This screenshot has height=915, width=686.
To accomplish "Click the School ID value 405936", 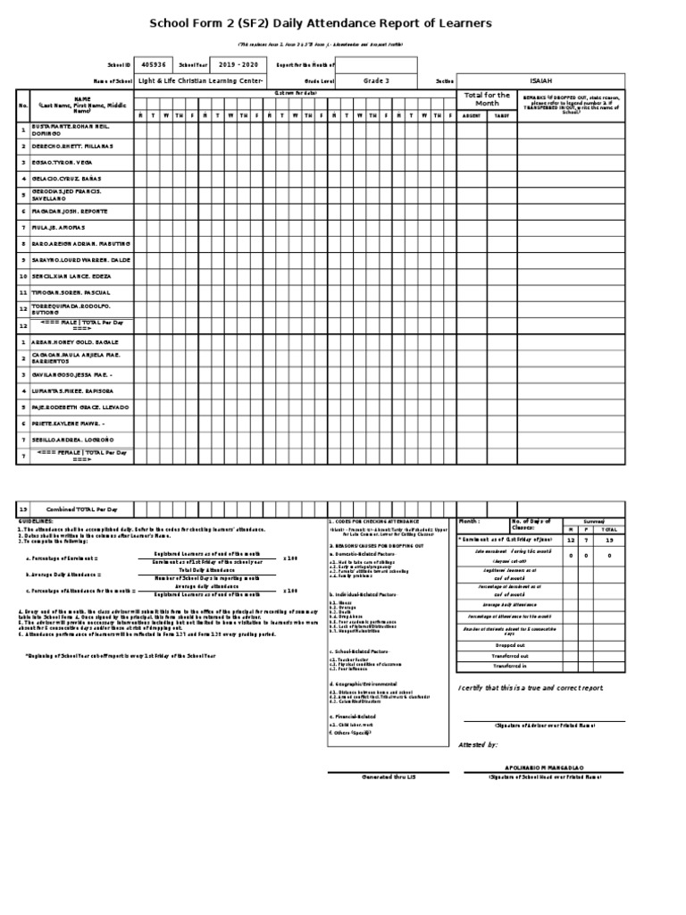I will tap(153, 64).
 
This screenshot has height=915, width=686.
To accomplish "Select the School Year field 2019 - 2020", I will tap(237, 64).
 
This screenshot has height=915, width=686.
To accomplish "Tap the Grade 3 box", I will tap(376, 80).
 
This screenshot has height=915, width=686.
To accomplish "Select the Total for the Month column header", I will tap(487, 98).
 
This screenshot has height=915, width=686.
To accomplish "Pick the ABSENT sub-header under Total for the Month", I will tap(472, 115).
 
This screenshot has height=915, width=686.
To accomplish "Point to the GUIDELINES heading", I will tap(36, 520).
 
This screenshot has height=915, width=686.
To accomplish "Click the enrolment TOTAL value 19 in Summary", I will tap(610, 541).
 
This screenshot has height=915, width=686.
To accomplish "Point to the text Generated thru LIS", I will tap(387, 777).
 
